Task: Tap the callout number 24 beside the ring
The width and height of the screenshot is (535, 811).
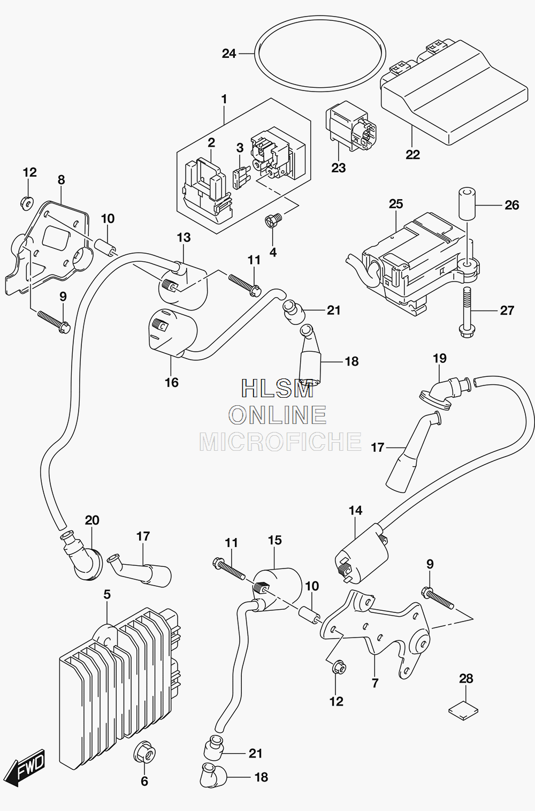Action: pos(229,54)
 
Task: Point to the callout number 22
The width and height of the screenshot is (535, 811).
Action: pos(412,155)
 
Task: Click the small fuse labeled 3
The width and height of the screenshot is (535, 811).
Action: pos(240,178)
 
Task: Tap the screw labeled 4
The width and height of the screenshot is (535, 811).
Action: pos(274,220)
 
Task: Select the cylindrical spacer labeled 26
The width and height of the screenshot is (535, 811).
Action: pos(467,203)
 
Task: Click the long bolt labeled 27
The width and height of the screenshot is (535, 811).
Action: pos(467,312)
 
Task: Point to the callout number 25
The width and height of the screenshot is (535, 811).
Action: pos(396,204)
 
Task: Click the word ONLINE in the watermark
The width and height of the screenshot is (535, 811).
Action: pos(278,415)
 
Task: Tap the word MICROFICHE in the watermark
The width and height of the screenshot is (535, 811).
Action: pos(281,442)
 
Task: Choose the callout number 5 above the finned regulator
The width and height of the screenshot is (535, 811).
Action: pos(106,595)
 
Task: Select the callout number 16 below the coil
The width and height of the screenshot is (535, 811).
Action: pos(171,382)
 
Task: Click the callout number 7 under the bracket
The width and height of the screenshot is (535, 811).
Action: pos(375,683)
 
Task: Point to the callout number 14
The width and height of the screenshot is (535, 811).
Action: pos(356,511)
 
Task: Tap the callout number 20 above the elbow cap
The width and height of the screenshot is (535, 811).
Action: pos(92,520)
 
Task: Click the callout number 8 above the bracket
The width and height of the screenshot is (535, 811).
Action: pos(61,179)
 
